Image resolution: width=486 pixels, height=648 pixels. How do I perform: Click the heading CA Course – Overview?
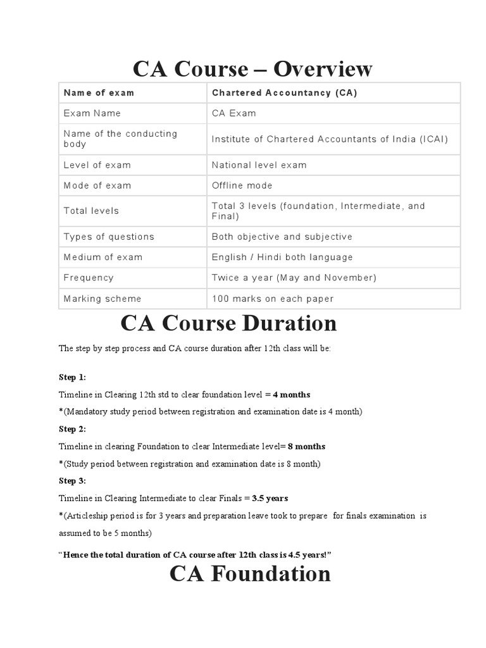[252, 68]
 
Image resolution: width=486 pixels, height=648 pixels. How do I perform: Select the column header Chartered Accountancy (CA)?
[284, 93]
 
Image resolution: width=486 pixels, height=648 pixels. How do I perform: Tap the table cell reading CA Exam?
[234, 113]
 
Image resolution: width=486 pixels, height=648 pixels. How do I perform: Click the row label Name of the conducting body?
[120, 139]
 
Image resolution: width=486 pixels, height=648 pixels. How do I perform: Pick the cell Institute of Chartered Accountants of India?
[330, 139]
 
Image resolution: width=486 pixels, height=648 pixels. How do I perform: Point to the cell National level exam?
[259, 165]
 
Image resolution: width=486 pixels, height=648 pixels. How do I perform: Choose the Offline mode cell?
[242, 185]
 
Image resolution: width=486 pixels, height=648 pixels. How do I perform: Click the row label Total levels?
[91, 211]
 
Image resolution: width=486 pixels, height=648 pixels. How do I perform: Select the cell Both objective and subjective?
[282, 237]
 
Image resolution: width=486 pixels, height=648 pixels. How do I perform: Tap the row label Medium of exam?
[103, 257]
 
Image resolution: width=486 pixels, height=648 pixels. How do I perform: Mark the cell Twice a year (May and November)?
[294, 278]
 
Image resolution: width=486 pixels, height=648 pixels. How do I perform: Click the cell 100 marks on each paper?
[272, 299]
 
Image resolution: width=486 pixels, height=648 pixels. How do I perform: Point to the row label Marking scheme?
[102, 299]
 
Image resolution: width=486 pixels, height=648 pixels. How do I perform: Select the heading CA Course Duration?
[228, 323]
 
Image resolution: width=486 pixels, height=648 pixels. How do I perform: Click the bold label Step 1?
[72, 377]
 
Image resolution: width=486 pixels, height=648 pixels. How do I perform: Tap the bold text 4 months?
[291, 394]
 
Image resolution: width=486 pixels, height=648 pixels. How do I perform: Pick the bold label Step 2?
[72, 428]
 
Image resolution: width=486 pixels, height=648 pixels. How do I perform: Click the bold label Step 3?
[72, 480]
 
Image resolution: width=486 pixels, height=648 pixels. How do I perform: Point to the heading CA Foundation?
[250, 574]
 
